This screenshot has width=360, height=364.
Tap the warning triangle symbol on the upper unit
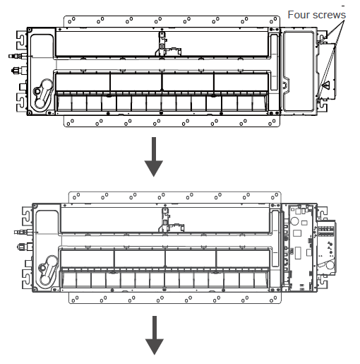click(327, 85)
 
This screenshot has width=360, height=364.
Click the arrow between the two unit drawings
click(154, 157)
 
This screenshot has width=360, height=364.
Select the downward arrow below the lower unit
click(155, 335)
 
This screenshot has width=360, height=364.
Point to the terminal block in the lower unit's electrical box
click(326, 231)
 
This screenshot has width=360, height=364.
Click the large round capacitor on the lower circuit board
click(294, 221)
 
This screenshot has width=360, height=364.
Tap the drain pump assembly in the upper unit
click(43, 93)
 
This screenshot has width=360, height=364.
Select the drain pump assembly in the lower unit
click(48, 270)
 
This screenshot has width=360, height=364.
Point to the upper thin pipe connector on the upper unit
click(18, 56)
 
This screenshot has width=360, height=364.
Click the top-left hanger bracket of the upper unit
click(21, 38)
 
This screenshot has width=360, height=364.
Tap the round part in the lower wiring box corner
click(330, 265)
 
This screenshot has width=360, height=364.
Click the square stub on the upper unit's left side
click(23, 86)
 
